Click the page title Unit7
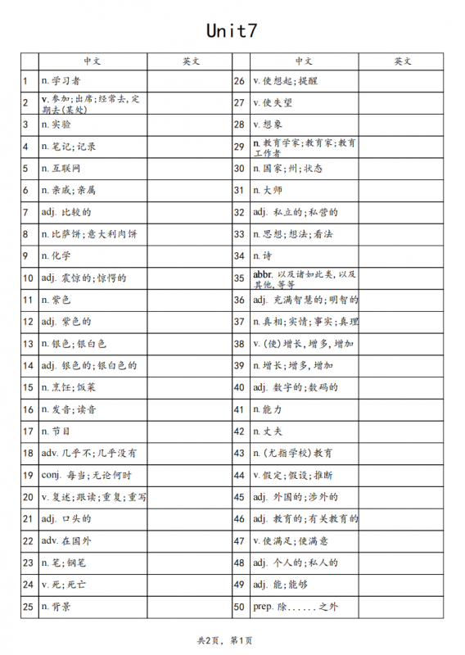[232, 31]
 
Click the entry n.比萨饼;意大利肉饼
[89, 234]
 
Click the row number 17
[27, 431]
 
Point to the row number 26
[240, 81]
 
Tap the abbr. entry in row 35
[305, 278]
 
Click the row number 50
[240, 607]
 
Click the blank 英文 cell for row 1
[190, 81]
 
